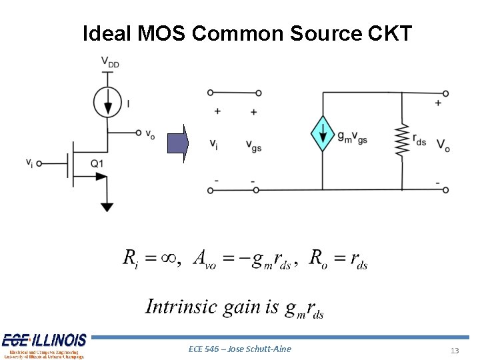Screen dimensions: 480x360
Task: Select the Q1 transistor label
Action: tap(96, 163)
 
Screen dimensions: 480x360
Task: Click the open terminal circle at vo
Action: tap(138, 133)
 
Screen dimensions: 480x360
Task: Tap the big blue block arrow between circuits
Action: tap(178, 144)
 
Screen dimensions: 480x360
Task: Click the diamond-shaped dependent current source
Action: tap(323, 133)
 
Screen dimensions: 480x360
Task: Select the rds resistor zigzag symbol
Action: tap(401, 139)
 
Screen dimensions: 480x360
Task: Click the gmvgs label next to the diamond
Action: tap(352, 137)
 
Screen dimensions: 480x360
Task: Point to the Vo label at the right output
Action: tap(443, 145)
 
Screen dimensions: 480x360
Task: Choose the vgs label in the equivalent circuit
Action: tap(253, 145)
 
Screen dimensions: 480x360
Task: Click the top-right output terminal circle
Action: tap(445, 93)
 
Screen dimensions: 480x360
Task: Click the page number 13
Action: tap(455, 351)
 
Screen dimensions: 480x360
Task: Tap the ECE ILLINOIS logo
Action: tap(44, 345)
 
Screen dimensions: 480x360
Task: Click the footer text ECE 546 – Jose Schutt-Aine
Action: tap(240, 349)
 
